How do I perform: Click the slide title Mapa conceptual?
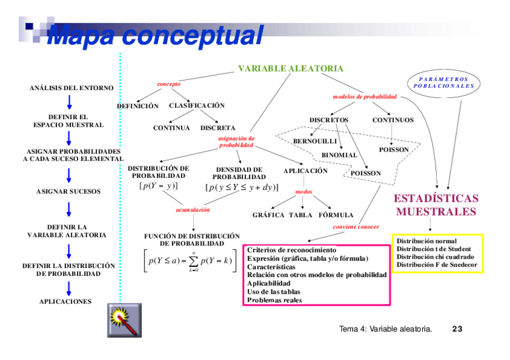[x=155, y=35]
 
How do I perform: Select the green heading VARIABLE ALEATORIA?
[x=290, y=69]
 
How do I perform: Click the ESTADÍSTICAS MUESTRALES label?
[x=436, y=205]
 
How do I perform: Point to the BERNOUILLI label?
[x=315, y=141]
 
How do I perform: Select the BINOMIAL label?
[x=339, y=155]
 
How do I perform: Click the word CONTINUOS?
[x=393, y=120]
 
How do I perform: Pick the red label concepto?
[x=168, y=84]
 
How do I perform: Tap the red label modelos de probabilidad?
[x=364, y=97]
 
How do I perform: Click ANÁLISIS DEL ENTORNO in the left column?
[x=71, y=88]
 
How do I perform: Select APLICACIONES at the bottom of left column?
[x=66, y=301]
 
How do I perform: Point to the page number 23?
[x=457, y=329]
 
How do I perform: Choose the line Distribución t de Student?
[x=434, y=249]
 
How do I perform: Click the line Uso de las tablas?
[x=274, y=291]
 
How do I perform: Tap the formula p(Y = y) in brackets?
[x=158, y=186]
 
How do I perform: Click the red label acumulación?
[x=192, y=210]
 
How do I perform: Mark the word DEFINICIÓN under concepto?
[x=138, y=106]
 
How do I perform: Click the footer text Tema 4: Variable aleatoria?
[x=386, y=329]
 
